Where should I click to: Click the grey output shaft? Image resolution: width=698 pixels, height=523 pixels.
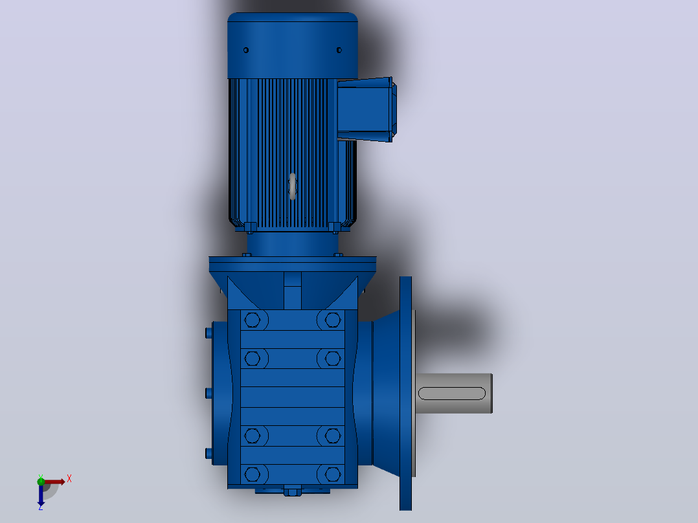(454, 393)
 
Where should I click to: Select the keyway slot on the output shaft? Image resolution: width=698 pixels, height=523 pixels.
(452, 394)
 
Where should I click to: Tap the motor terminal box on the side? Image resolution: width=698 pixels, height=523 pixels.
(366, 109)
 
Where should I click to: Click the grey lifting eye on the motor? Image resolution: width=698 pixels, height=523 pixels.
(293, 186)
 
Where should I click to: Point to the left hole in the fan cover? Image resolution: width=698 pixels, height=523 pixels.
(246, 50)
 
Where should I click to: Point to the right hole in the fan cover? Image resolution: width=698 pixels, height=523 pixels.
(339, 50)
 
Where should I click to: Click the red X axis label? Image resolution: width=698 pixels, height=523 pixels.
(69, 479)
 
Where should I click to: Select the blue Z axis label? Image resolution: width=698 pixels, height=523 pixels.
(41, 507)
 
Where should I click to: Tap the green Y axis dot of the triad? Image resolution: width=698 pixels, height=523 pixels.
(41, 481)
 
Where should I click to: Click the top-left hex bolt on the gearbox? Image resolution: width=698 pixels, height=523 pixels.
(253, 320)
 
